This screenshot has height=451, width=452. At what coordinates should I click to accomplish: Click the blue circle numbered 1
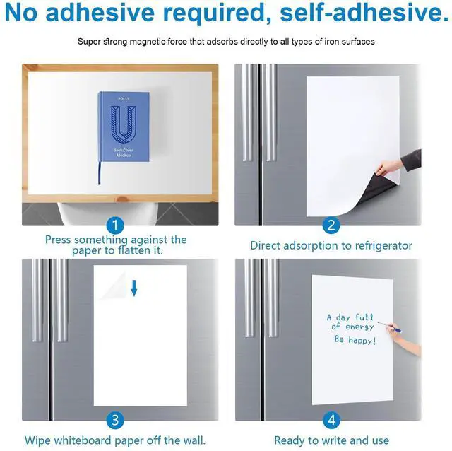click(x=115, y=225)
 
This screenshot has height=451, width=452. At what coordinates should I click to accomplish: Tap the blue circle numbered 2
click(x=331, y=225)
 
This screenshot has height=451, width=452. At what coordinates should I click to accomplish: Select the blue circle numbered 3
click(x=115, y=420)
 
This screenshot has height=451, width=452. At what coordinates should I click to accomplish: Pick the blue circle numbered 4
click(x=331, y=420)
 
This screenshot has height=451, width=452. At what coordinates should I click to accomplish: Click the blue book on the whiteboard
click(x=124, y=127)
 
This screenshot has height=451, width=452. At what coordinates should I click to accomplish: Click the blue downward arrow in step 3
click(x=134, y=288)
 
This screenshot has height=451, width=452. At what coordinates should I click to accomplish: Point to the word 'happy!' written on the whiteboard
click(x=362, y=341)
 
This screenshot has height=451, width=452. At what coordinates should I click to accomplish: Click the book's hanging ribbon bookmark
click(x=100, y=172)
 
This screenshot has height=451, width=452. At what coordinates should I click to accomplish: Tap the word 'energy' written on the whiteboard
click(x=359, y=327)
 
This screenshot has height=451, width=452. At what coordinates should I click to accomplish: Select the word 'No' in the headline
click(x=21, y=13)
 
